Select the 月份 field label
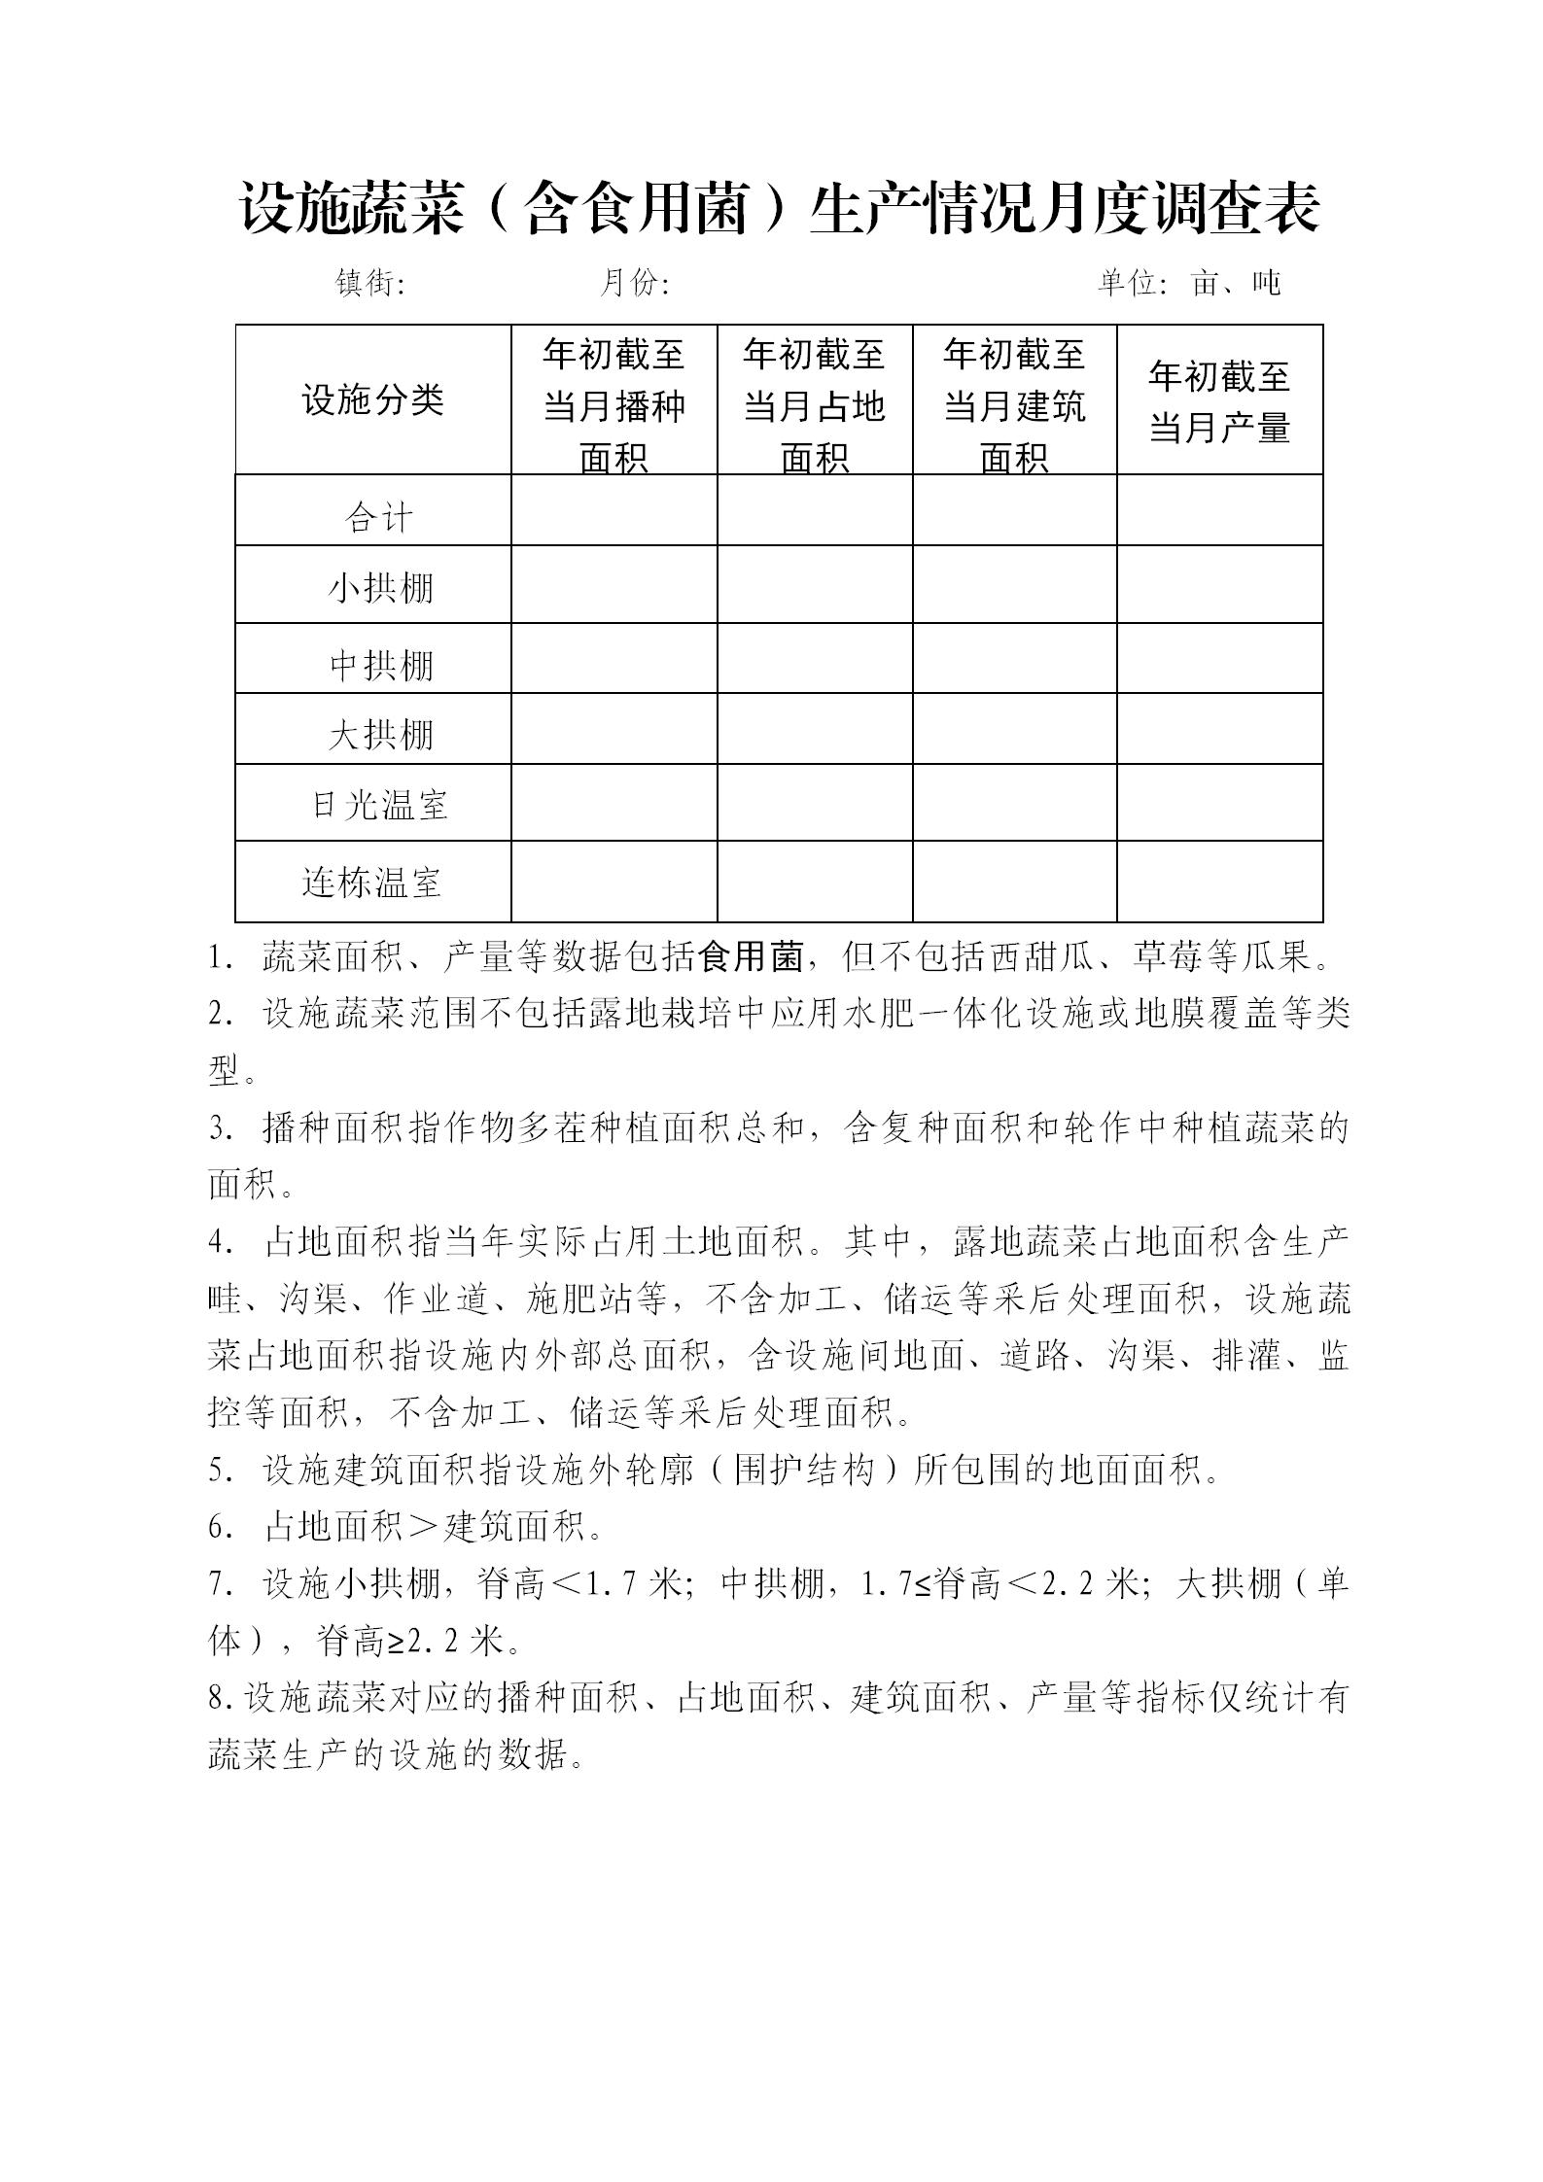[634, 283]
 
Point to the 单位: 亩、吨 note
[1189, 283]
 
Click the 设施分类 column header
[373, 399]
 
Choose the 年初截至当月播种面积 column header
[614, 405]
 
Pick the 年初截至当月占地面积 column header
[815, 405]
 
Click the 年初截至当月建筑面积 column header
[1014, 405]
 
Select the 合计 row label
[378, 517]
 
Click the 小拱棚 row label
[380, 588]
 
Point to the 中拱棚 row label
[380, 665]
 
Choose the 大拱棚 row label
[380, 734]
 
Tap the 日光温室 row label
[380, 805]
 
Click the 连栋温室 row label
[372, 883]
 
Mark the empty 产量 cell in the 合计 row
[1219, 510]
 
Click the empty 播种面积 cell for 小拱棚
[614, 584]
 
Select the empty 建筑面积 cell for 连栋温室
[1014, 882]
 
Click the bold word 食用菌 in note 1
[752, 958]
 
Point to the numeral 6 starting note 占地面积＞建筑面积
[217, 1528]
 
